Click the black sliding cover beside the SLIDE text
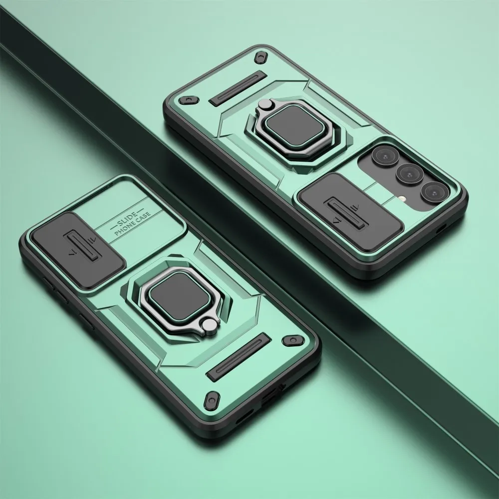(x=78, y=250)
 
